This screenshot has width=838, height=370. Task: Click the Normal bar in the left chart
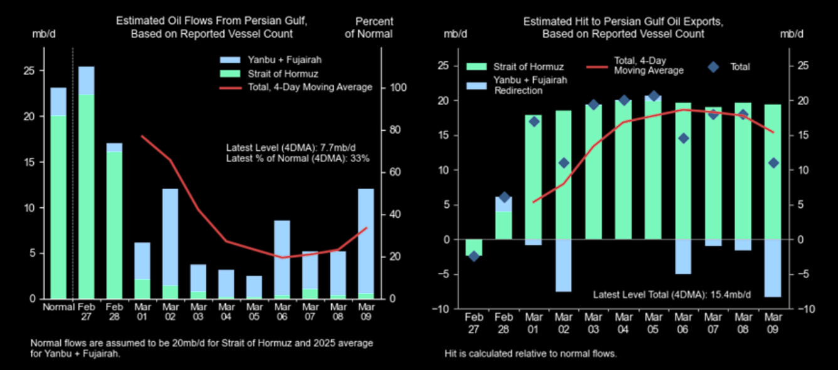[x=58, y=194]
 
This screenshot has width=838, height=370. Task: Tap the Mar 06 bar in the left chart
[x=282, y=259]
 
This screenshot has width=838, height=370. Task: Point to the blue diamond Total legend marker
[x=713, y=67]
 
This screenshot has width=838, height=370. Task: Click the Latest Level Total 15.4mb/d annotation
[x=672, y=294]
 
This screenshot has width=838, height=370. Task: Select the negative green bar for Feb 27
[x=474, y=247]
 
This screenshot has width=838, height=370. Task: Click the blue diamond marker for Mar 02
[x=563, y=163]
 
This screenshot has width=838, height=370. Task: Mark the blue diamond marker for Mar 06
[x=684, y=138]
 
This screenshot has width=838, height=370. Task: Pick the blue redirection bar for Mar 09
[x=773, y=268]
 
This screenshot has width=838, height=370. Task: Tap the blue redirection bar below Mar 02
[x=563, y=265]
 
